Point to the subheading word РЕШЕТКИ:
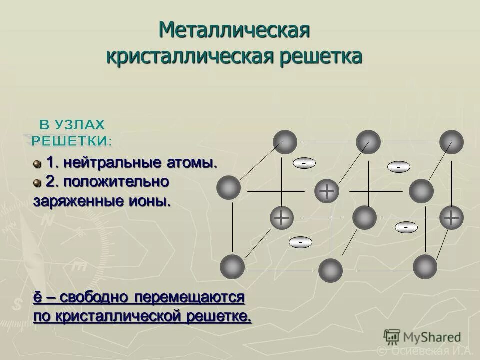pos(72,141)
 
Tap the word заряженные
pos(74,202)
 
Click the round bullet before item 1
pos(37,164)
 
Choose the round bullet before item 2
pos(37,183)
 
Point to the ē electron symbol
pos(37,297)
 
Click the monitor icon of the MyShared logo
pos(392,336)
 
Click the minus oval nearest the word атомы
pos(303,163)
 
